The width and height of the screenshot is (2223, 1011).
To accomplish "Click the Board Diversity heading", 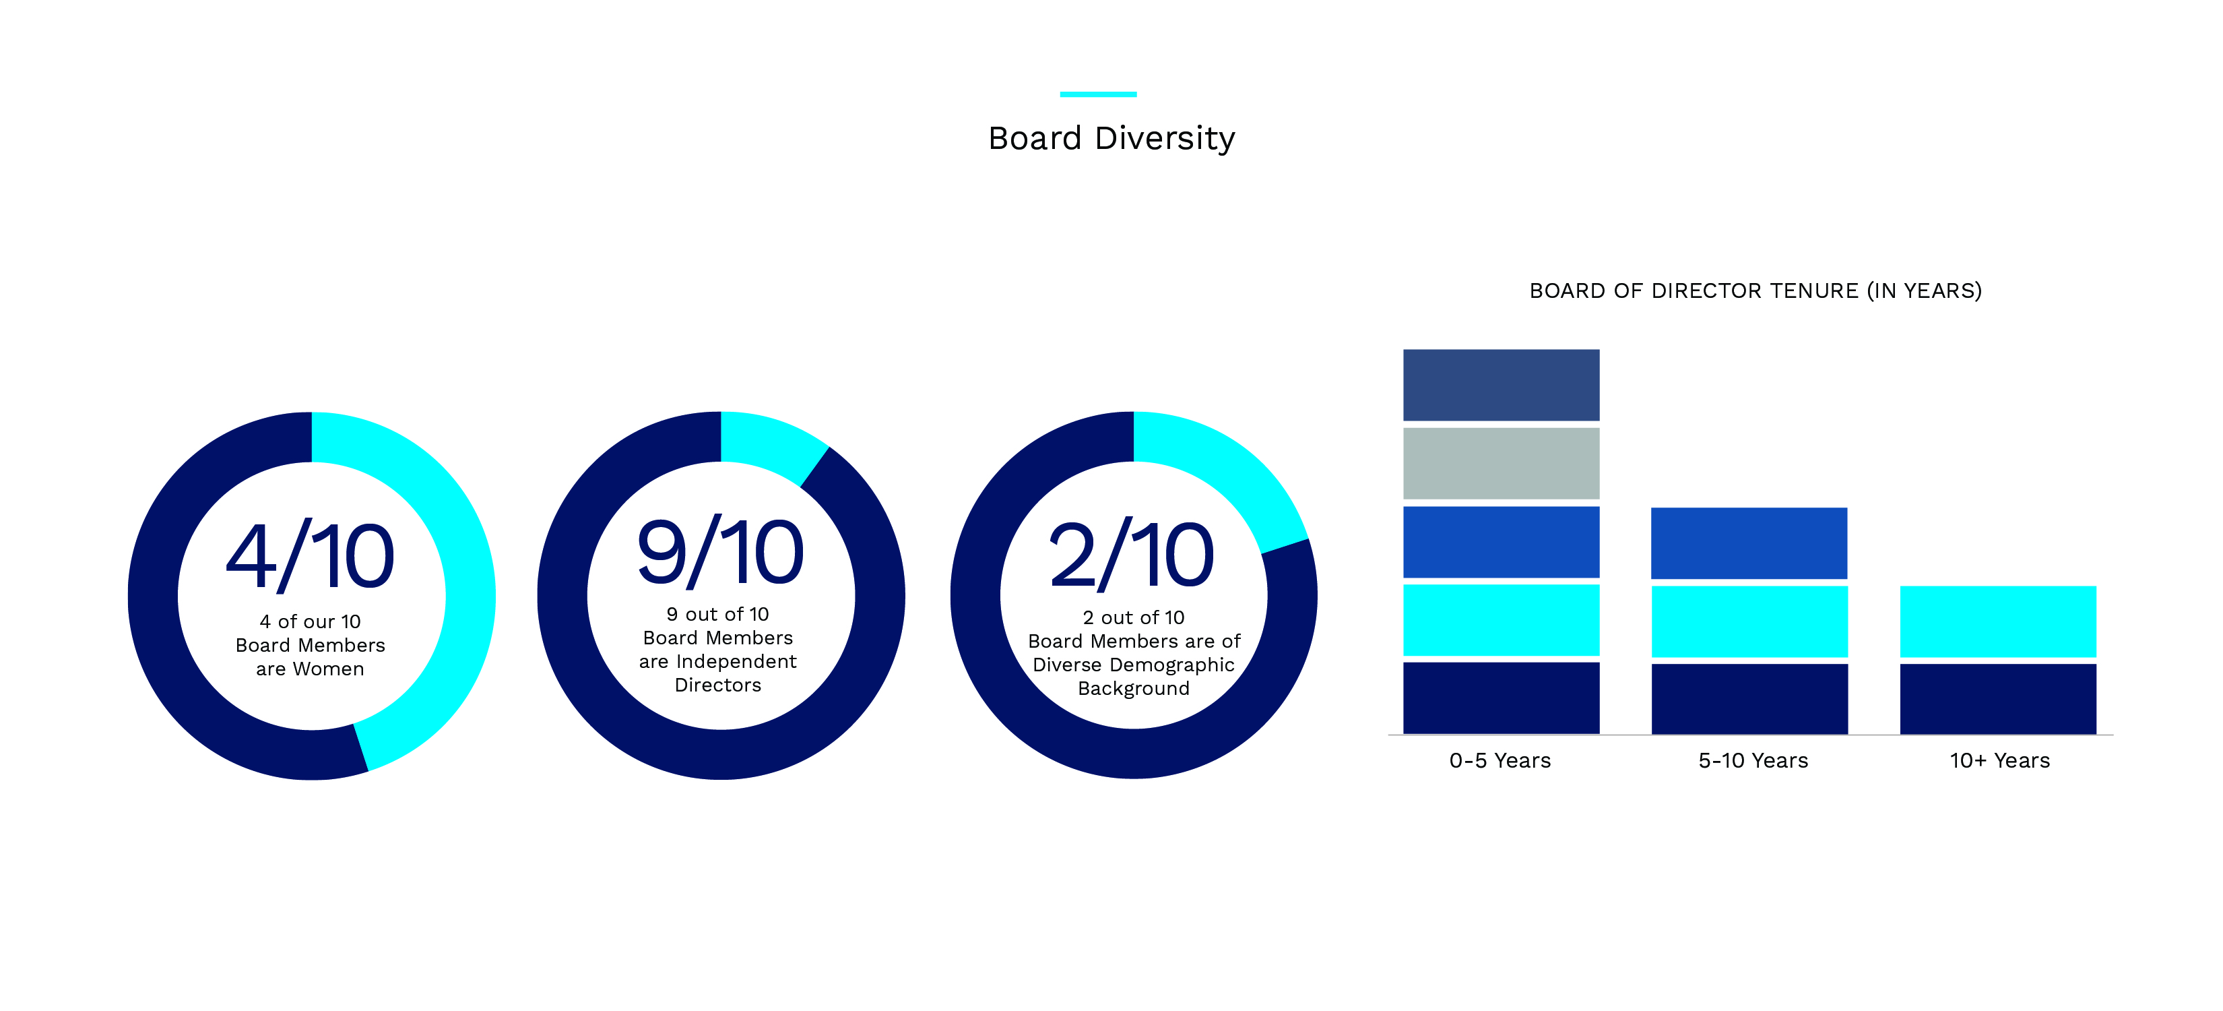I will pos(1111,138).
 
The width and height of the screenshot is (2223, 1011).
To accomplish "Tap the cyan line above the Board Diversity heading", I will pos(1098,93).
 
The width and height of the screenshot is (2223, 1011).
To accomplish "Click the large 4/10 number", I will pos(310,557).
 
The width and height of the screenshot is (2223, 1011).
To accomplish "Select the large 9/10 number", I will pos(719,553).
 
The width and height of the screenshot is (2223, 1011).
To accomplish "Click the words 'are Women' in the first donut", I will pos(310,669).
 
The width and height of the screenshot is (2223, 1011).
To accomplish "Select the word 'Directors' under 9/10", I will pos(718,685).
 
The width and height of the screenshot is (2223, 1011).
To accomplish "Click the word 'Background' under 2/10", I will pos(1133,689).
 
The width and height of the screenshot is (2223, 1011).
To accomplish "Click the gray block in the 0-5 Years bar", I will pos(1501,464).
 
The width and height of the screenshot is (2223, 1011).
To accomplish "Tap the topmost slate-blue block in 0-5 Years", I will pos(1501,385).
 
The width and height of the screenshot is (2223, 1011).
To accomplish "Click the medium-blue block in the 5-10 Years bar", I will pos(1748,543).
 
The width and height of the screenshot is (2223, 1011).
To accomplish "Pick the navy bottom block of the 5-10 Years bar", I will pos(1748,698).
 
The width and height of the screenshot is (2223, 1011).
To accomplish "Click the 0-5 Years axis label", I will pos(1500,761).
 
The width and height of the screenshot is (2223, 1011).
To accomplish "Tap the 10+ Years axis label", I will pos(1999,761).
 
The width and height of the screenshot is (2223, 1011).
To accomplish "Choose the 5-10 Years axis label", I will pos(1753,761).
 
